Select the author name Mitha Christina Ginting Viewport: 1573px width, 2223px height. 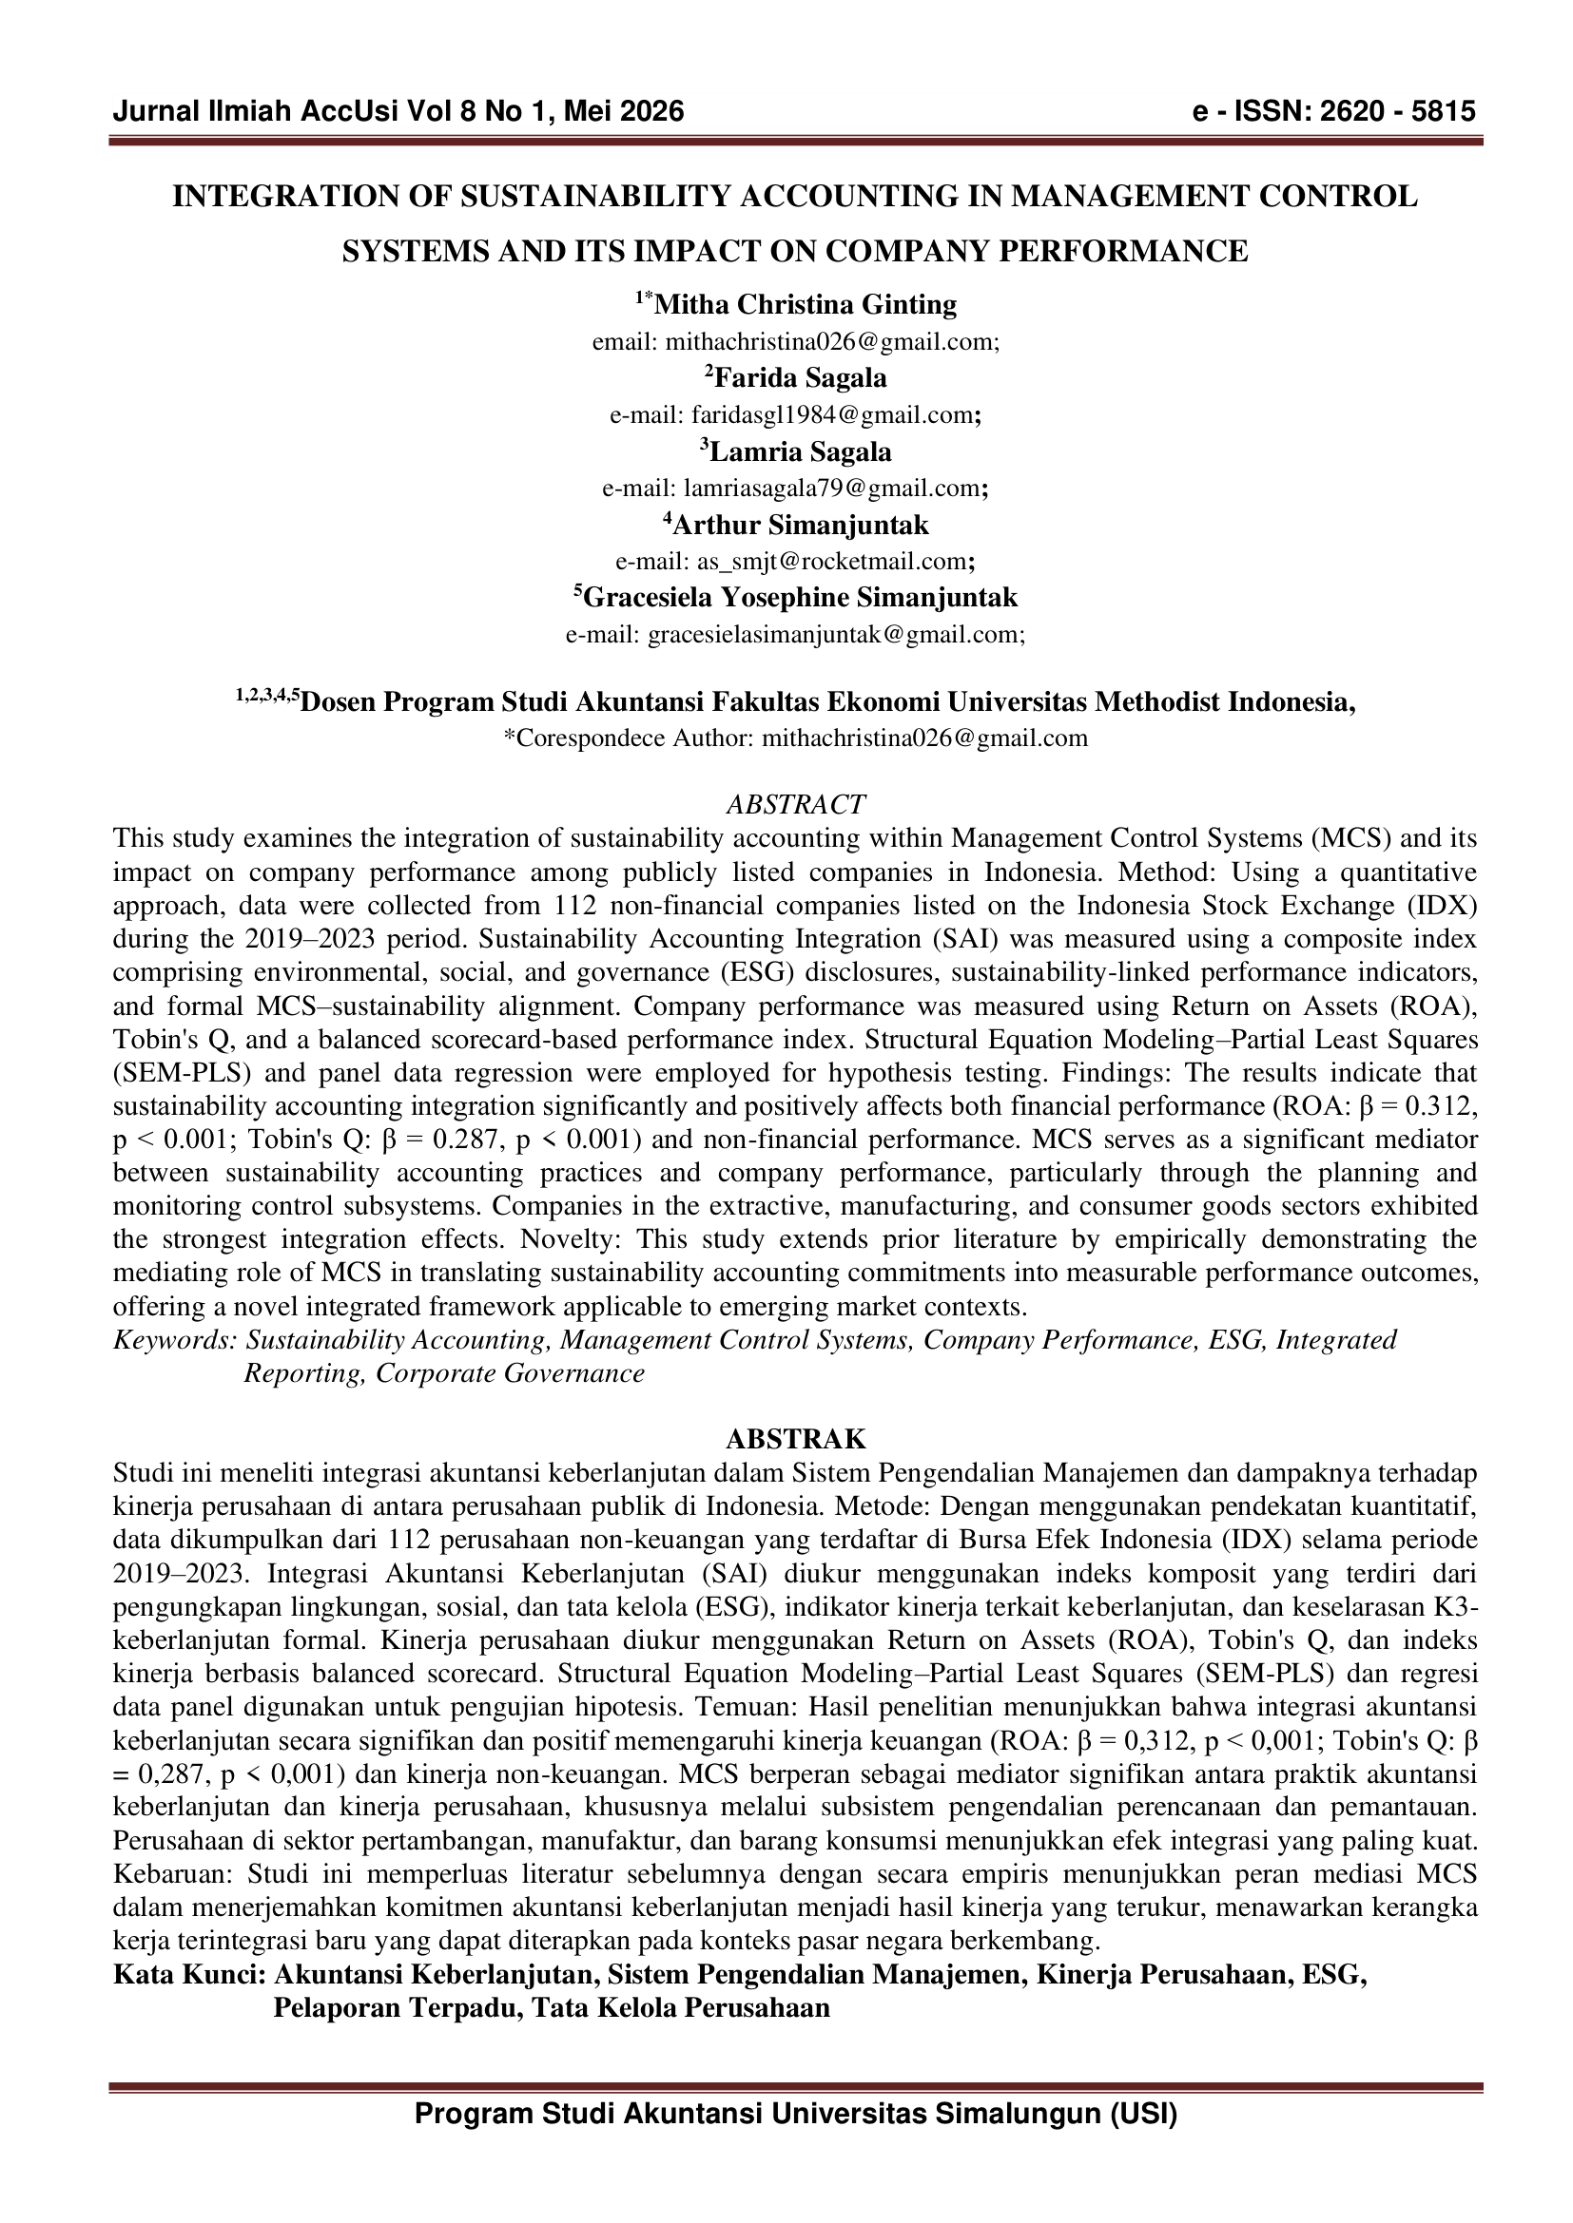point(805,305)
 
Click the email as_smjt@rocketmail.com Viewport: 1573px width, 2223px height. point(832,562)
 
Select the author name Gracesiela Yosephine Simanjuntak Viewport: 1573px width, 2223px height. point(800,598)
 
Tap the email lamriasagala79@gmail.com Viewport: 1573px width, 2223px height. point(832,489)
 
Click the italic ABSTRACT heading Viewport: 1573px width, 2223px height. point(795,805)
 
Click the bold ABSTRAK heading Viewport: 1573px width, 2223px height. point(795,1440)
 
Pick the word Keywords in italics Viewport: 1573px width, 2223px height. point(174,1340)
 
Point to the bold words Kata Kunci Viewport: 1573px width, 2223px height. point(189,1975)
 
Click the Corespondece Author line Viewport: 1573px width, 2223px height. point(795,738)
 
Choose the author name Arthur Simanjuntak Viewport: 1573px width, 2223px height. point(800,526)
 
